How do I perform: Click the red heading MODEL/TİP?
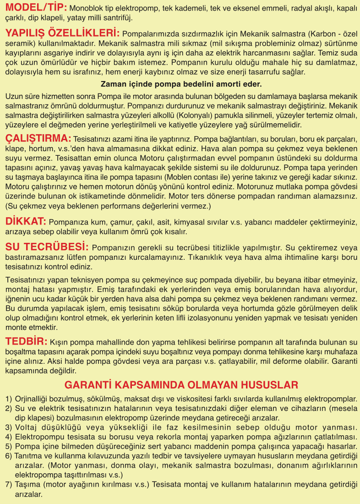tap(36, 8)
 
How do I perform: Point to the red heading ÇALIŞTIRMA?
tap(38, 138)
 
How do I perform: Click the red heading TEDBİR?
tap(26, 341)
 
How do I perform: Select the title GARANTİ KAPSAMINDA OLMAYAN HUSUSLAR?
tap(181, 384)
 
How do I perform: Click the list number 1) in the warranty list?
tap(9, 399)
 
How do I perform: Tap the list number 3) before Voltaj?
tap(9, 427)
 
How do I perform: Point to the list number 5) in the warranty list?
tap(9, 446)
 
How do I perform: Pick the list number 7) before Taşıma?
tap(9, 485)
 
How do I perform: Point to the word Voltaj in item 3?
tap(27, 427)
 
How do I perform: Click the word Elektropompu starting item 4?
tap(39, 437)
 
